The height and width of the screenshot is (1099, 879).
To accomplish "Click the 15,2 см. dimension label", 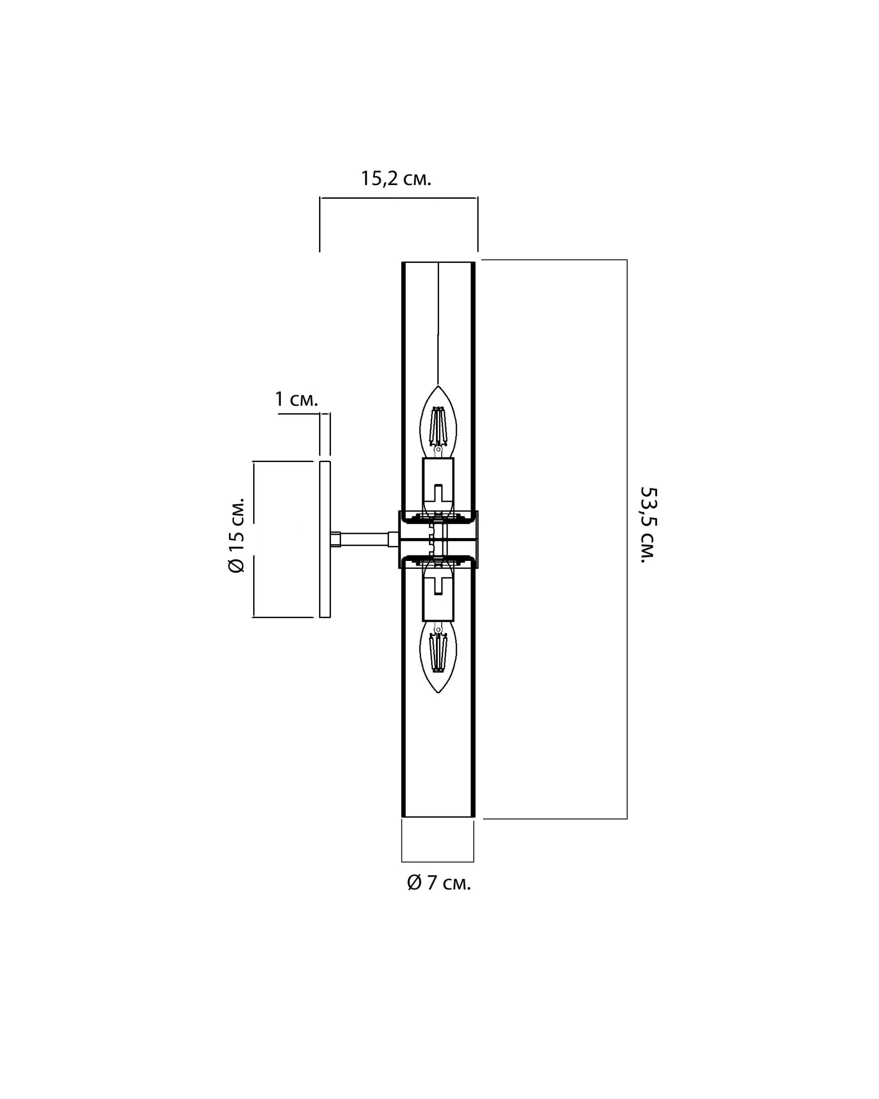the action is point(396,179).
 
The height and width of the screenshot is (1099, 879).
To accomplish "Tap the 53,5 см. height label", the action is point(649,525).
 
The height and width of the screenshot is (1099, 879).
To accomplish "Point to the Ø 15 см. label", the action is point(236,535).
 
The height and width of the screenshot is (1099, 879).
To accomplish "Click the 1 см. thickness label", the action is point(297,399).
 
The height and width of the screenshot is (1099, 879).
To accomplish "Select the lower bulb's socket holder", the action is point(438,594).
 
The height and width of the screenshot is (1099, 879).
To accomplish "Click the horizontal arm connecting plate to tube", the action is point(364,539).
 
